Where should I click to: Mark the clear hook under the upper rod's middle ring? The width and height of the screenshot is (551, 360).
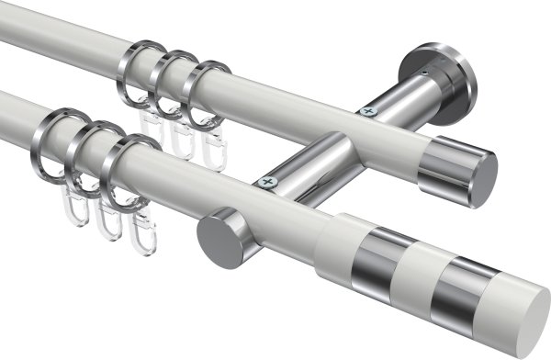184,138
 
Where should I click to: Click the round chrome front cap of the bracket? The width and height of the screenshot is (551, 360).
216,237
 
